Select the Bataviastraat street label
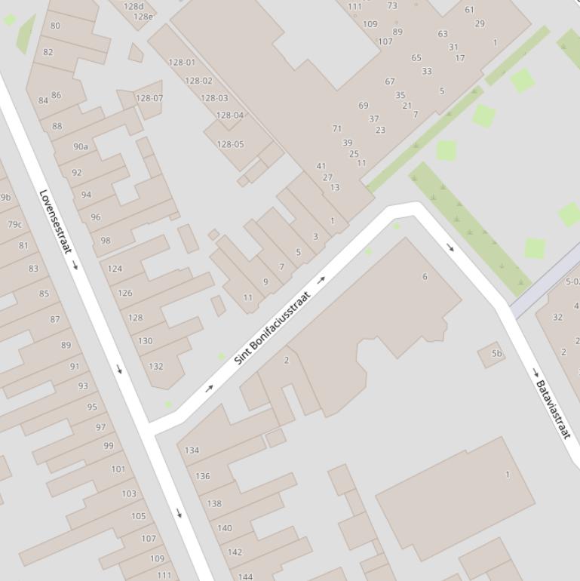(x=553, y=409)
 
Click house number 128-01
(x=182, y=63)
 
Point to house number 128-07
(x=149, y=98)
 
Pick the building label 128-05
(x=230, y=144)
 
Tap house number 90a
(x=81, y=146)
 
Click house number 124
(x=115, y=269)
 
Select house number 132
(x=155, y=367)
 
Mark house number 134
(x=192, y=450)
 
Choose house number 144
(x=245, y=576)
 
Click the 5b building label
(x=496, y=353)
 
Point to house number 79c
(x=14, y=224)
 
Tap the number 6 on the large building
(x=425, y=277)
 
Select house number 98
(x=105, y=241)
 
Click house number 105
(x=138, y=516)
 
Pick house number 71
(x=337, y=128)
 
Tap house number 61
(x=469, y=10)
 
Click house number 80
(x=55, y=26)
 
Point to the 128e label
(x=143, y=17)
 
